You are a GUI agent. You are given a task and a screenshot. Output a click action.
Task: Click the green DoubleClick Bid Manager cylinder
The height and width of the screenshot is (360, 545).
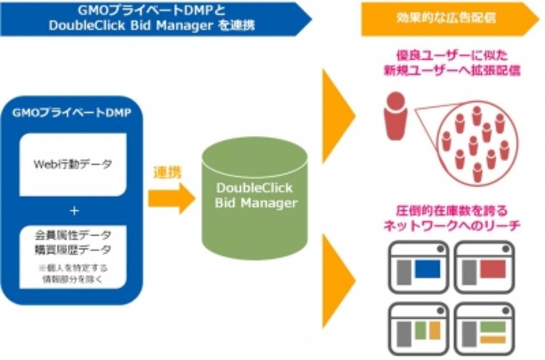pyautogui.click(x=254, y=200)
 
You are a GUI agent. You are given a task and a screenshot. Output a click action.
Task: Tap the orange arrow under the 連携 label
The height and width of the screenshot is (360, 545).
pyautogui.click(x=171, y=198)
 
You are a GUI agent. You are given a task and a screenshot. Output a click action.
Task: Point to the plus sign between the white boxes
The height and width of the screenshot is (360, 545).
pyautogui.click(x=73, y=212)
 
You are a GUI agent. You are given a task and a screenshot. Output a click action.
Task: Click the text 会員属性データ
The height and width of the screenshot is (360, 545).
pyautogui.click(x=73, y=235)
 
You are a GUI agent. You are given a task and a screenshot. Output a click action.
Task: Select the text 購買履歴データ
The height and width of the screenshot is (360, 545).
pyautogui.click(x=73, y=250)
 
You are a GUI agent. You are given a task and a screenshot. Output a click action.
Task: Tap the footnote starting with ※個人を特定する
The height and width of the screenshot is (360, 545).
pyautogui.click(x=73, y=273)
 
